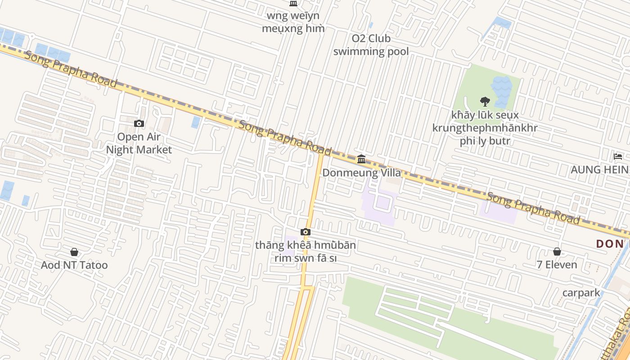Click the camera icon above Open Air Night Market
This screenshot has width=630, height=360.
[139, 123]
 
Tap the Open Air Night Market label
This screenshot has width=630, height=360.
[139, 143]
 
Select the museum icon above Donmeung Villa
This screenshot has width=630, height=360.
[361, 159]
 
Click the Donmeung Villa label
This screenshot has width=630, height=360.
[361, 172]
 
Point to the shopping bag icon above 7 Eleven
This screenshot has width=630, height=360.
[557, 252]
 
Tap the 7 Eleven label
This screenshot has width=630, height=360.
[557, 265]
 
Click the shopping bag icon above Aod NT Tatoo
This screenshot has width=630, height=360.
[74, 252]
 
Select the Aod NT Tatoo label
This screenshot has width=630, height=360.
[74, 265]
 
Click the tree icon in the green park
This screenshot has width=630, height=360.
[485, 101]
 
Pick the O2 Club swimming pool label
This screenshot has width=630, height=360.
[371, 45]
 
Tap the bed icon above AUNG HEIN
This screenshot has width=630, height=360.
[618, 157]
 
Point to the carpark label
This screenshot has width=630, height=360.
[581, 293]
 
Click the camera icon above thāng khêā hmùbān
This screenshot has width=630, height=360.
[306, 232]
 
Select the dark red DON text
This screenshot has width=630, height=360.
[610, 244]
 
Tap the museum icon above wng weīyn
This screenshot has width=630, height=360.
[293, 4]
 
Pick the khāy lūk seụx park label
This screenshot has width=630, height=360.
[485, 128]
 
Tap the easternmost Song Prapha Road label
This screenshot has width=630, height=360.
[533, 208]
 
